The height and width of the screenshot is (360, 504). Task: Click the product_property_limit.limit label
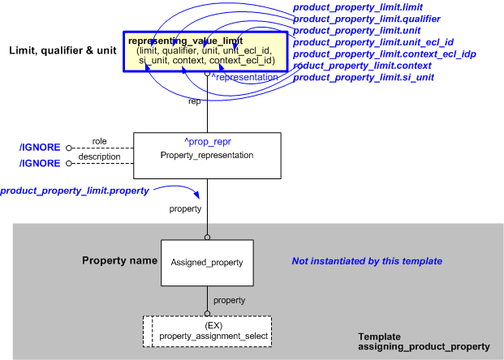[351, 7]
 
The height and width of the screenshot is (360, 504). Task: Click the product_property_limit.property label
[75, 191]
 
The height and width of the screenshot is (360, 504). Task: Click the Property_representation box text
[206, 155]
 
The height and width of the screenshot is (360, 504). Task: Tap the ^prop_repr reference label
[206, 142]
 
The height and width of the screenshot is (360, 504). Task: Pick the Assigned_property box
[206, 263]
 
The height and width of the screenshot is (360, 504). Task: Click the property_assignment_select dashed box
[207, 331]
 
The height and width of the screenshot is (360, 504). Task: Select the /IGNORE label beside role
[41, 148]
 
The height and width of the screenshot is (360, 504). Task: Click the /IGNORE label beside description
[41, 163]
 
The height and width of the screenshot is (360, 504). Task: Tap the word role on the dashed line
[99, 142]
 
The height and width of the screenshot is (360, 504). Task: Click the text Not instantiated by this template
[367, 262]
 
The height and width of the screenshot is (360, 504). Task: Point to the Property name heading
[119, 261]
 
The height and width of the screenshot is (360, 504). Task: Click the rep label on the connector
[195, 101]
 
